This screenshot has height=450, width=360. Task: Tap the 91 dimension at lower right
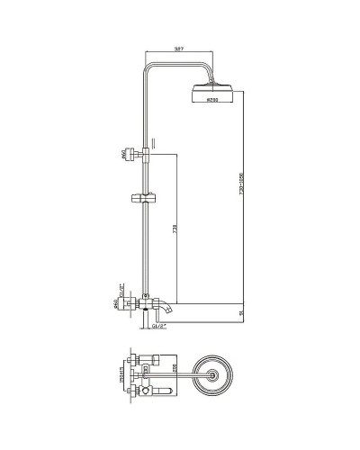click(240, 312)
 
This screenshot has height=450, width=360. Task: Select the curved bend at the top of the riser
click(148, 64)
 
